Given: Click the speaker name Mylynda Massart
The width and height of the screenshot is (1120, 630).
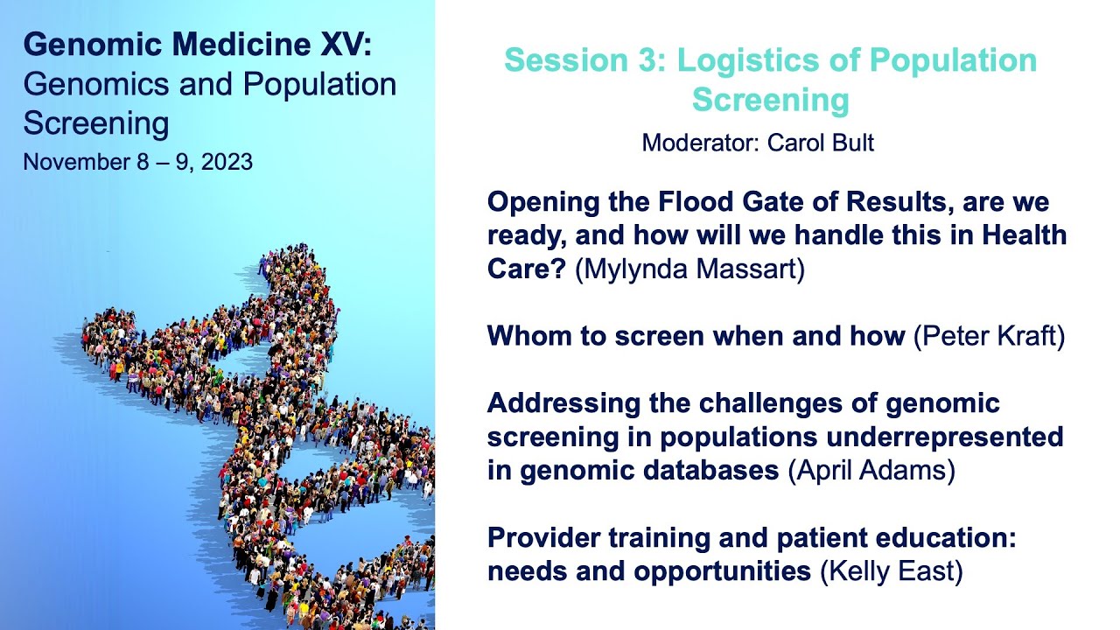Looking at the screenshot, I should [x=689, y=269].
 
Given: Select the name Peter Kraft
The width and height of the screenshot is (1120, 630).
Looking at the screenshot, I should [x=989, y=336].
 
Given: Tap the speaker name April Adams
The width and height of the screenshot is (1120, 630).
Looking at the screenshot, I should [x=871, y=471].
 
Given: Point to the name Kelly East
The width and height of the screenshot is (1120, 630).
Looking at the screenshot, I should [x=891, y=572].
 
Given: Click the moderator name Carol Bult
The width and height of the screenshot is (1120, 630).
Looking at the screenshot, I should [x=821, y=143].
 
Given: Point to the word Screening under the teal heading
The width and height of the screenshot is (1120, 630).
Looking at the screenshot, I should [x=770, y=100].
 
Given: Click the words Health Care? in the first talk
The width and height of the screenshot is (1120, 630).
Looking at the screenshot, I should [x=1024, y=236].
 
